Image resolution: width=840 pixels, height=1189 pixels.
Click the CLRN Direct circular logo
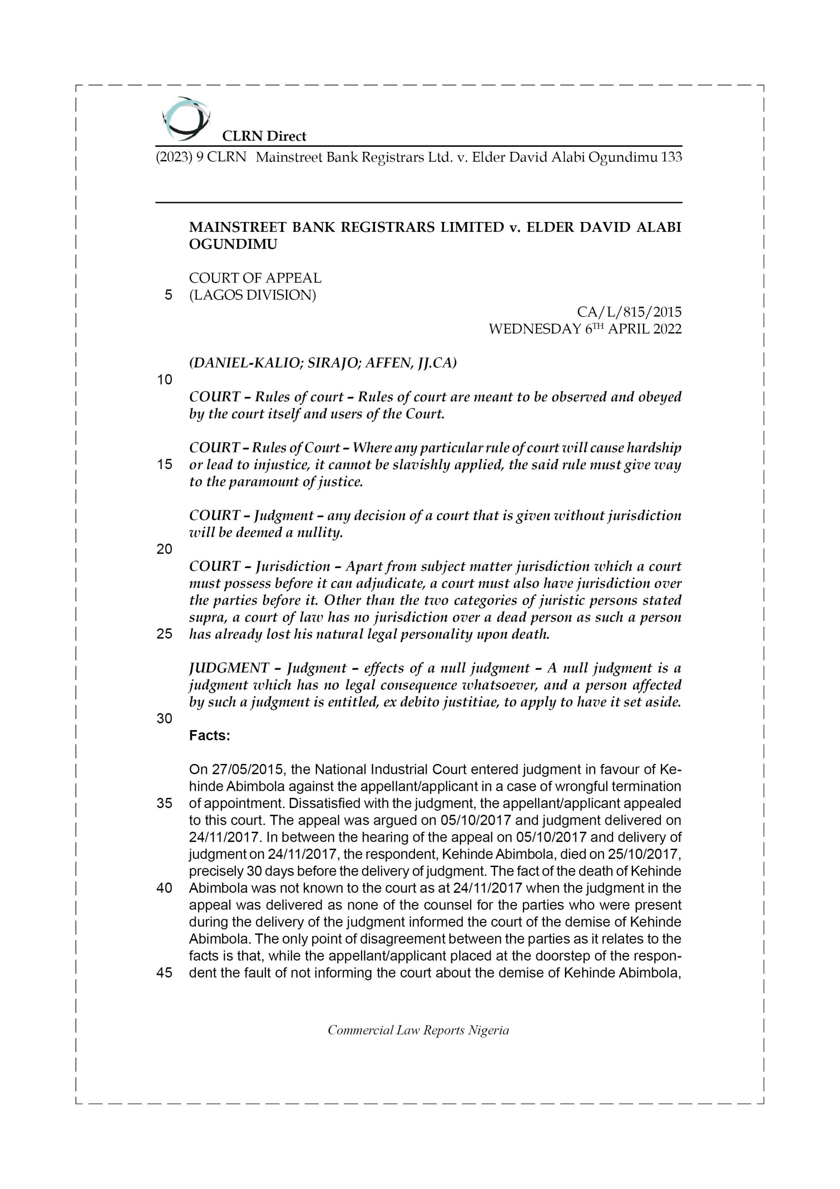coord(185,118)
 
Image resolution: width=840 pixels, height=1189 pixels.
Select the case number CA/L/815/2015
coord(629,312)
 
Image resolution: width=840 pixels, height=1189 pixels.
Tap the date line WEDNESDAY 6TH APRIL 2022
coord(585,329)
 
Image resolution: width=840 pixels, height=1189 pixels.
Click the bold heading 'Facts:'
coord(210,735)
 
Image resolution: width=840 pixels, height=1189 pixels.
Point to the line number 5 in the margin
coord(168,295)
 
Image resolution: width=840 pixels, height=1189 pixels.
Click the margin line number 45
coord(164,973)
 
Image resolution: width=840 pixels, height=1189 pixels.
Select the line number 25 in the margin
coord(164,634)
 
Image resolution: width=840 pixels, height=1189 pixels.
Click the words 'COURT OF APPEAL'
coord(255,278)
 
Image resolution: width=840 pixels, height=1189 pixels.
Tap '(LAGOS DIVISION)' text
coord(252,295)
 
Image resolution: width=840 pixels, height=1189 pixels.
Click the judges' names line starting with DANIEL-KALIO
coord(323,363)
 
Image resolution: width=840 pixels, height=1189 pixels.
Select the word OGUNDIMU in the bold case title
coord(233,244)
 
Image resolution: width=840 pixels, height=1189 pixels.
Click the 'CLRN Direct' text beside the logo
coord(264,136)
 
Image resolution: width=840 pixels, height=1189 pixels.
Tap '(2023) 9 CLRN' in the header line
coord(201,157)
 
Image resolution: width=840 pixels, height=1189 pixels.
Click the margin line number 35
coord(164,803)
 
